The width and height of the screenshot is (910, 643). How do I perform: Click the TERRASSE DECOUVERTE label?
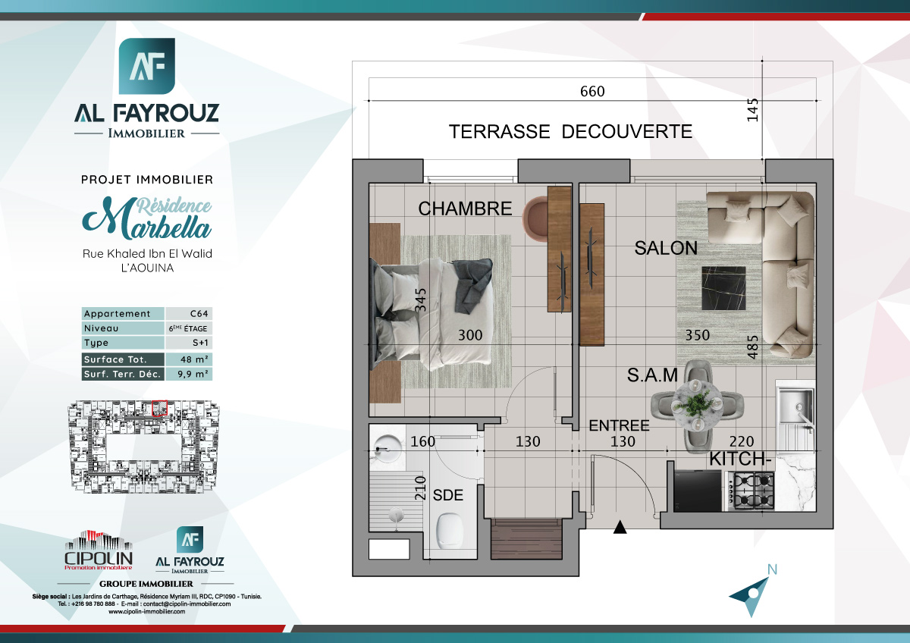pyautogui.click(x=570, y=131)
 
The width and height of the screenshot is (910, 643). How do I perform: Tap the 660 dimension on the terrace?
pyautogui.click(x=592, y=91)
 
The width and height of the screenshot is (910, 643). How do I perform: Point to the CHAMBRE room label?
pyautogui.click(x=466, y=209)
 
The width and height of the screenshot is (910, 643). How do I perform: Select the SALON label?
pyautogui.click(x=666, y=248)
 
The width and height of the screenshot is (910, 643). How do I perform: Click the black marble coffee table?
pyautogui.click(x=723, y=288)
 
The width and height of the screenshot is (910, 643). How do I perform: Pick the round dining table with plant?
pyautogui.click(x=697, y=402)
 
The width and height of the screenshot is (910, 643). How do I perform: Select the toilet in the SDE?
pyautogui.click(x=453, y=530)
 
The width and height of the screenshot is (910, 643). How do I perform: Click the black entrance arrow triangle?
pyautogui.click(x=620, y=528)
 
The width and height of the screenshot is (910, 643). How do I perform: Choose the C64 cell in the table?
pyautogui.click(x=188, y=314)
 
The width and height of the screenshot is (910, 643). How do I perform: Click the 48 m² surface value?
pyautogui.click(x=188, y=359)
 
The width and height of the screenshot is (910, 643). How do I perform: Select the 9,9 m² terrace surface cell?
pyautogui.click(x=188, y=374)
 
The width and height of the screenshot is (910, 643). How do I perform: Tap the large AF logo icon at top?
pyautogui.click(x=147, y=67)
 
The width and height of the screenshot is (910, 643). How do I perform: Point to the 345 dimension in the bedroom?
pyautogui.click(x=422, y=300)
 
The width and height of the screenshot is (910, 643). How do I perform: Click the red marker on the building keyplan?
pyautogui.click(x=159, y=407)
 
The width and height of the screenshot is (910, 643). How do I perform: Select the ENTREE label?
pyautogui.click(x=619, y=425)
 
